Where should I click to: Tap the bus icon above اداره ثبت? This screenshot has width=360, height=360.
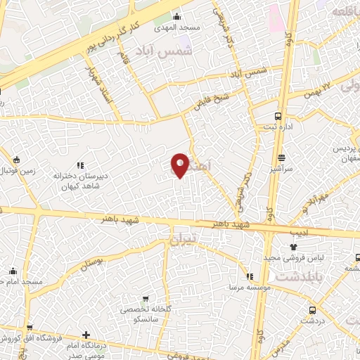[x=279, y=116]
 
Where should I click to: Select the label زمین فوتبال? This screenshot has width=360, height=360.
[x=15, y=171]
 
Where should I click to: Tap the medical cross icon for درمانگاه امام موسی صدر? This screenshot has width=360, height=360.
[x=86, y=335]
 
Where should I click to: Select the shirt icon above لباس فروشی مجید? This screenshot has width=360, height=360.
[x=293, y=247]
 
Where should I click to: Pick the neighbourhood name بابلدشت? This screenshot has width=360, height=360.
[x=295, y=276]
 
